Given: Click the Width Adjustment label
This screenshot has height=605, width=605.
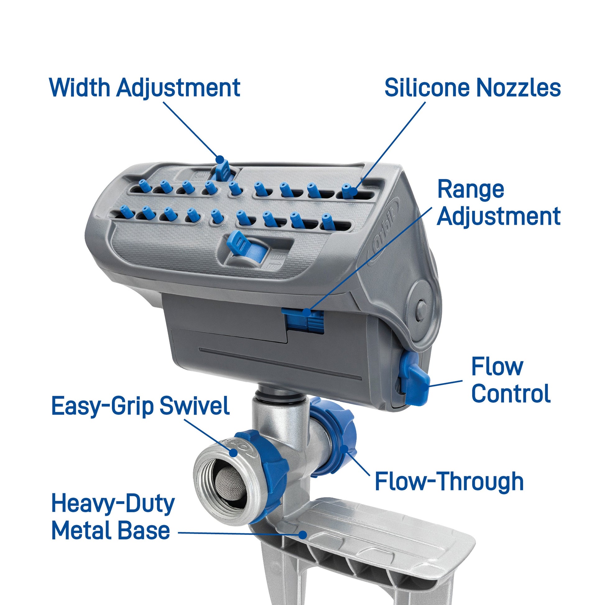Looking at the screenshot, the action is (x=145, y=88).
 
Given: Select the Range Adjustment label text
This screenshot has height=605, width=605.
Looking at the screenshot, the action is (x=499, y=203).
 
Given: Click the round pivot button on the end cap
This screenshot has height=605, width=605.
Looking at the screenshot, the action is (x=422, y=309).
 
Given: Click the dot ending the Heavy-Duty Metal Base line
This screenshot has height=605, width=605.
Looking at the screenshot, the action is (x=302, y=534).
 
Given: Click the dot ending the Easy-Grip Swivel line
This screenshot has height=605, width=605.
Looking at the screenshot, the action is (x=233, y=452).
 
